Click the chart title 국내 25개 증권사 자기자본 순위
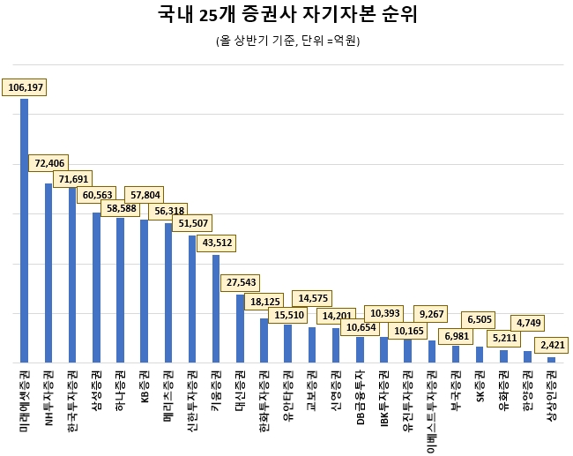[286, 15]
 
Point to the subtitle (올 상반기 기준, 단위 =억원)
[286, 41]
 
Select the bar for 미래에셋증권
[25, 230]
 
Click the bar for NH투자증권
[48, 273]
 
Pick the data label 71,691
[75, 179]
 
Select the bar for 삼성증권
[96, 287]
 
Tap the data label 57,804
[145, 195]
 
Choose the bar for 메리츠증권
[168, 292]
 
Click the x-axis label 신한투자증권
[192, 401]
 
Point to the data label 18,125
[266, 301]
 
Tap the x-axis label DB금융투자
[360, 394]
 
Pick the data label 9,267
[432, 312]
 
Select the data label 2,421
[554, 345]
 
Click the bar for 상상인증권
[551, 359]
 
